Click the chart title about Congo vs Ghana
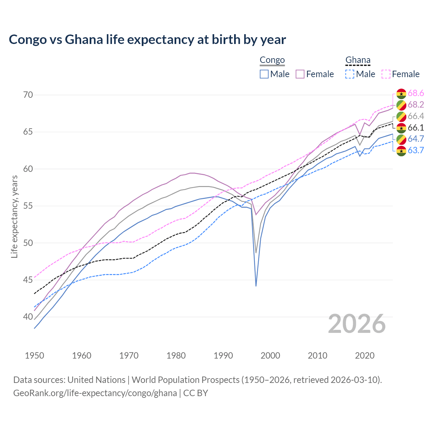click(147, 40)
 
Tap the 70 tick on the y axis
click(28, 95)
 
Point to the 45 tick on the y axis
click(28, 280)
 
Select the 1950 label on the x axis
click(35, 356)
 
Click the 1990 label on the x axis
click(223, 356)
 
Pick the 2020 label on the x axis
click(365, 356)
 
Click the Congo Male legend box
click(264, 74)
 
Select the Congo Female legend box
click(300, 74)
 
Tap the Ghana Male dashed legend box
click(350, 74)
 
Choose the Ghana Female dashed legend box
click(386, 74)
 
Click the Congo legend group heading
click(272, 60)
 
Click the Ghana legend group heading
click(358, 60)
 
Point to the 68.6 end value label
click(416, 93)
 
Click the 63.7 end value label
click(416, 150)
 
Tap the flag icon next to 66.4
click(401, 116)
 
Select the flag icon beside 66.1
click(401, 128)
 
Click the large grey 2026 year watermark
click(357, 324)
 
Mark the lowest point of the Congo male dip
click(256, 286)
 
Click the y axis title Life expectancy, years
click(14, 216)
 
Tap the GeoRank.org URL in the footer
click(95, 393)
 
